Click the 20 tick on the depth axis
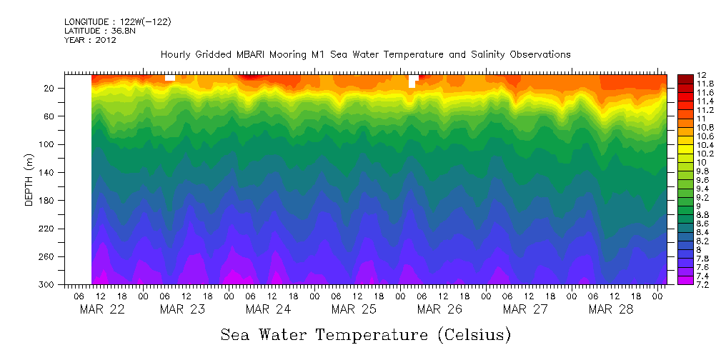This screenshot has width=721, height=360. (x=50, y=89)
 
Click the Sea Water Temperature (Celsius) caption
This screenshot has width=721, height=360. (x=366, y=335)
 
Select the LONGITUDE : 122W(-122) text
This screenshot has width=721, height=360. (x=117, y=22)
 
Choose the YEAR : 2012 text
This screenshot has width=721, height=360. (x=90, y=40)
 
